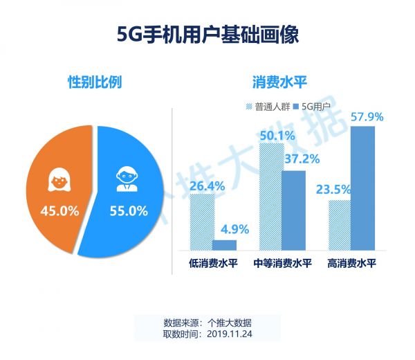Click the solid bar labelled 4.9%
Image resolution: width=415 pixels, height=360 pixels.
[x=224, y=244]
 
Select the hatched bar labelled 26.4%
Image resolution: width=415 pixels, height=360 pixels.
[x=201, y=222]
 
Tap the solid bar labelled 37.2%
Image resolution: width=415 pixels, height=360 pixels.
[x=293, y=210]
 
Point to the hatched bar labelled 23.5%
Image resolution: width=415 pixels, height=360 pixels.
[x=340, y=224]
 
